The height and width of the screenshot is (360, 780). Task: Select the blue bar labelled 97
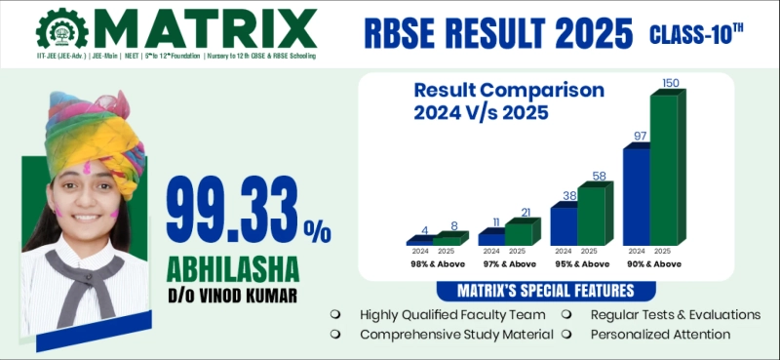[x=636, y=195]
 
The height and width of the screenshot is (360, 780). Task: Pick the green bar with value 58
[x=591, y=213]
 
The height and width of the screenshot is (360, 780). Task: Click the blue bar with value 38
[x=564, y=224]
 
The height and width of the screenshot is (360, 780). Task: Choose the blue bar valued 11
[x=491, y=237]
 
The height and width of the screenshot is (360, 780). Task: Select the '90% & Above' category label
[x=653, y=263]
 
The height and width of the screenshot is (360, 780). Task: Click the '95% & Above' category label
[x=581, y=263]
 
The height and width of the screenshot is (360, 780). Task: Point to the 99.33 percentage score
[x=234, y=211]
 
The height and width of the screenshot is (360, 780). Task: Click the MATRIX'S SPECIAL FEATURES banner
[x=546, y=291]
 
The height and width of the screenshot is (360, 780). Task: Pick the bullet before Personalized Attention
[x=567, y=334]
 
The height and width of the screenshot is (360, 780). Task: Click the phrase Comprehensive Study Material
[x=455, y=334]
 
